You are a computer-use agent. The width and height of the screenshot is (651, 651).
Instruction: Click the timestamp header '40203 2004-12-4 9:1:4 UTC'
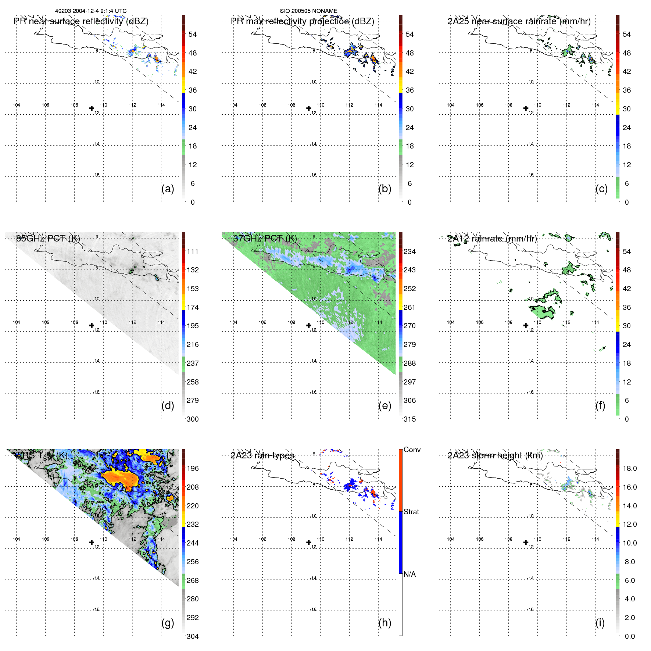91,11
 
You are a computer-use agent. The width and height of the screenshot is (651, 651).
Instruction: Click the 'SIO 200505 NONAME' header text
308,11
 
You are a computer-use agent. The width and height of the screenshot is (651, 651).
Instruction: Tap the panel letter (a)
168,189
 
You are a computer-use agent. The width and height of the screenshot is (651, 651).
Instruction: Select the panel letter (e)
384,405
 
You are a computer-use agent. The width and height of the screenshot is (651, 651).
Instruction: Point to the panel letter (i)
600,623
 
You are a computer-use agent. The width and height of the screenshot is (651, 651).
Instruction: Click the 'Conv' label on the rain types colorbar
412,450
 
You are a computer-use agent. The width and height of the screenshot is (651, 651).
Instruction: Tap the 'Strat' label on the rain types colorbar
411,512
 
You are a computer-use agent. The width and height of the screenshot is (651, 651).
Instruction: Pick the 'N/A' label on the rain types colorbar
409,574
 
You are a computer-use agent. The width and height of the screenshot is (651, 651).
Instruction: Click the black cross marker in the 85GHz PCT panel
92,325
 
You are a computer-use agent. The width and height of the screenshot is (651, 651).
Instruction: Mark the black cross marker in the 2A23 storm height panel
526,542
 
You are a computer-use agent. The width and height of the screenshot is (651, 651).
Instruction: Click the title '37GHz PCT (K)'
265,239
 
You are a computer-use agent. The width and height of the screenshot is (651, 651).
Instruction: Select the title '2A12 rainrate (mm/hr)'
492,239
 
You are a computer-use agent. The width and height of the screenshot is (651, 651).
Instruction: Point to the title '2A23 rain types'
262,455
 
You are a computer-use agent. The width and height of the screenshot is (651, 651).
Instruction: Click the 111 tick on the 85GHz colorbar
193,251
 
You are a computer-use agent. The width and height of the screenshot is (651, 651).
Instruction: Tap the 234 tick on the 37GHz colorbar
409,251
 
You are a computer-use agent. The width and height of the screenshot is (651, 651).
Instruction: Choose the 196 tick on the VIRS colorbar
193,468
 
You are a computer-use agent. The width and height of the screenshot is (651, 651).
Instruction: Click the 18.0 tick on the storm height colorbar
630,468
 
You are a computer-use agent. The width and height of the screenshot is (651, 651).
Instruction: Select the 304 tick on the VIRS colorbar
193,636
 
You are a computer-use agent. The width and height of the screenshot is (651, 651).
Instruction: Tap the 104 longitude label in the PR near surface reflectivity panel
17,105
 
